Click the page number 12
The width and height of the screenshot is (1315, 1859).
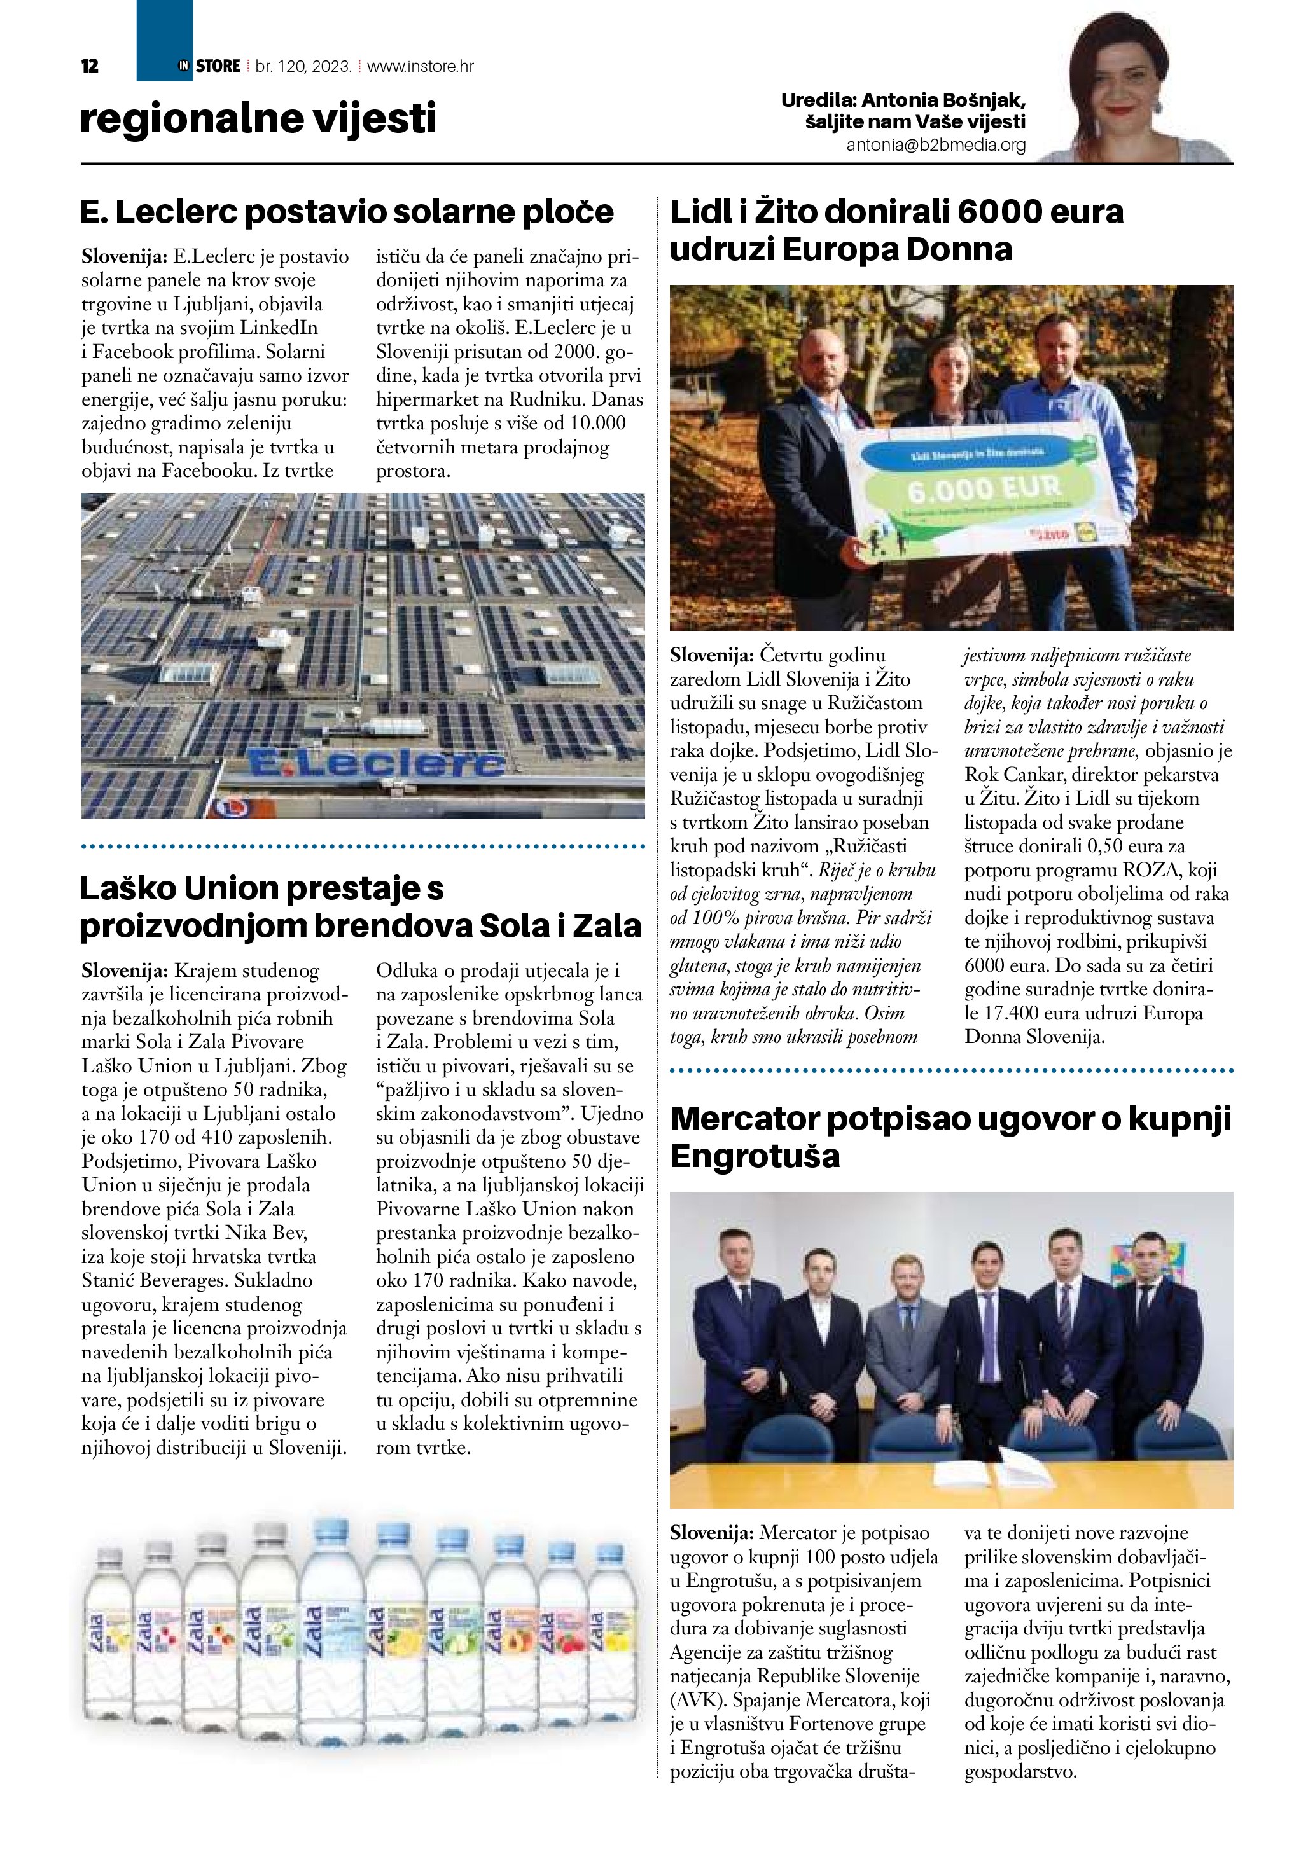point(90,66)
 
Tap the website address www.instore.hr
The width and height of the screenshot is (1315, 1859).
point(421,66)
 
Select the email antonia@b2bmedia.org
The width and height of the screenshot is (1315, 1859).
point(936,146)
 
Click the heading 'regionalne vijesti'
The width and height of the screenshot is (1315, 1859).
point(258,118)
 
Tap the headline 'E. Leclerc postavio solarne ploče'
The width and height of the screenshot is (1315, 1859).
point(347,212)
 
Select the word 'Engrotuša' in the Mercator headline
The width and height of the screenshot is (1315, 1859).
point(756,1156)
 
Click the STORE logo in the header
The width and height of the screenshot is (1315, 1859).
point(217,66)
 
